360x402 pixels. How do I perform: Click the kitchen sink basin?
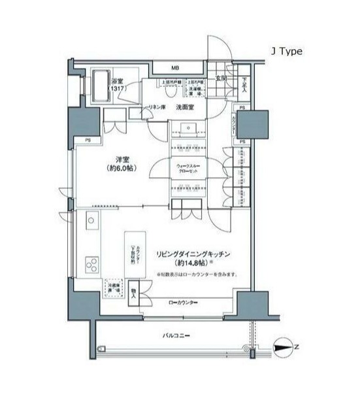91,220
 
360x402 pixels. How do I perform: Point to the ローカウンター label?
182,302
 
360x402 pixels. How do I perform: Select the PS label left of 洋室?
86,139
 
